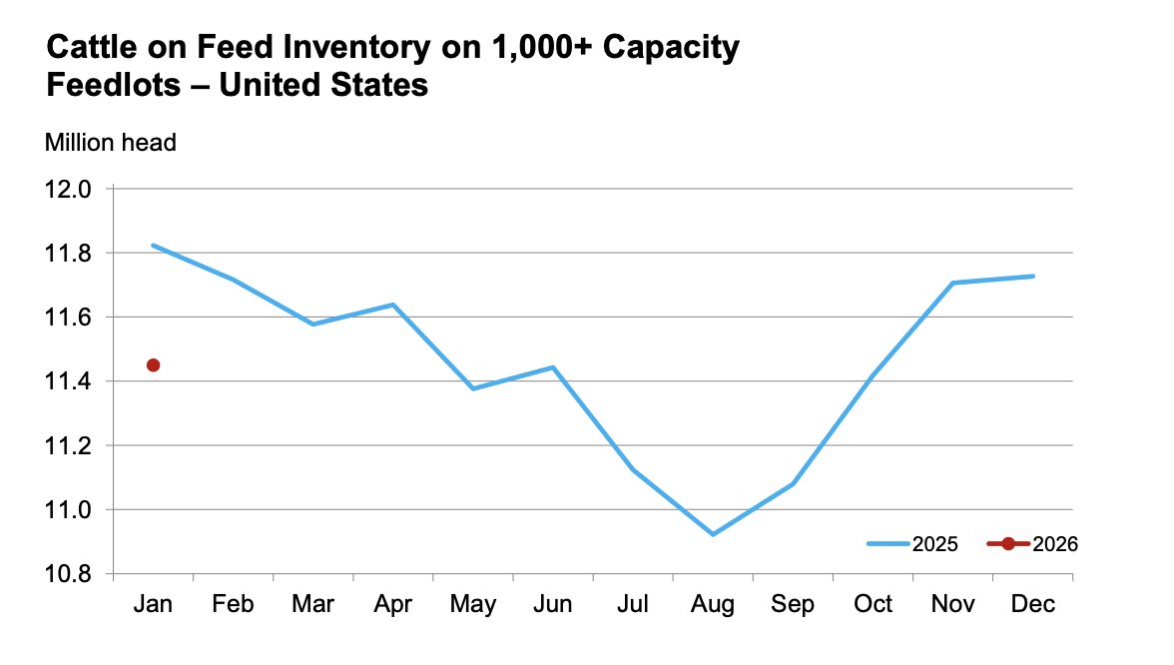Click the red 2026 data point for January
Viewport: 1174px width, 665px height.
[x=153, y=365]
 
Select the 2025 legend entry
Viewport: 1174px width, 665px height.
[x=912, y=544]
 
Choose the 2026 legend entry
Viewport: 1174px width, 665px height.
[x=1032, y=544]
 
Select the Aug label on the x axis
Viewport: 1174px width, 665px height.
[x=713, y=605]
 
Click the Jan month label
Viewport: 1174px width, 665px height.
[x=153, y=605]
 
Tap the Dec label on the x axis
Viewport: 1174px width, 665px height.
[x=1033, y=605]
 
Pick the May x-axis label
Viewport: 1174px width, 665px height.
[x=473, y=605]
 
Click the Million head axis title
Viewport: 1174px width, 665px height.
[x=111, y=143]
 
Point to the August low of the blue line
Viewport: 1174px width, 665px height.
[x=713, y=534]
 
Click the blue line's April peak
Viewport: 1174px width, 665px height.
[x=393, y=305]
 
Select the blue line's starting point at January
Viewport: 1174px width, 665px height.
[x=153, y=245]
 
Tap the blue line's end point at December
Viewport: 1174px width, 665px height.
[x=1033, y=276]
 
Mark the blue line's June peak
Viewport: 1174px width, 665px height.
[x=553, y=367]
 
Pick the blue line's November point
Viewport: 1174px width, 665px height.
[x=953, y=283]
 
